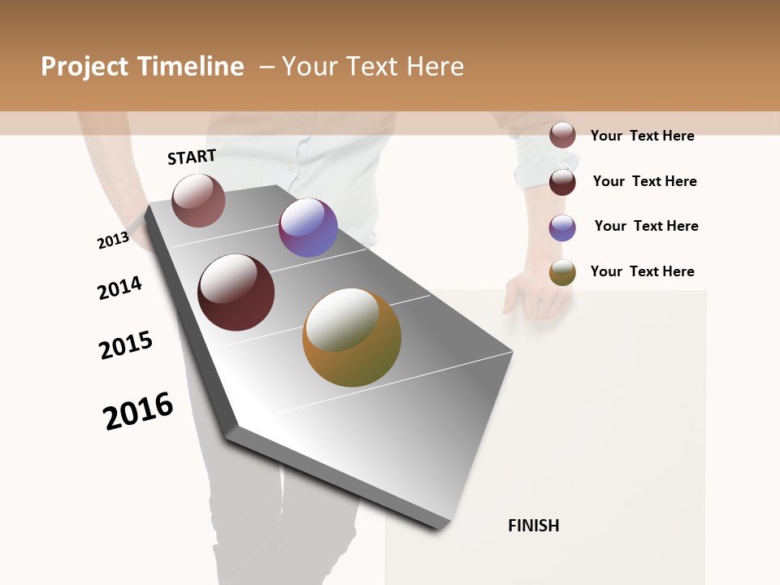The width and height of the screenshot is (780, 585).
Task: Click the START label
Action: [192, 157]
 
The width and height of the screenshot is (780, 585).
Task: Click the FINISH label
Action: [534, 526]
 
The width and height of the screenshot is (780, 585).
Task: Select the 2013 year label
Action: [113, 240]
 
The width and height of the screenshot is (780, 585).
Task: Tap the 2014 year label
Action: [119, 288]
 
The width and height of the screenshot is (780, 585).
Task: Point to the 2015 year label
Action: [126, 345]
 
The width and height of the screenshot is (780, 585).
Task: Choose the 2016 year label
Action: [138, 410]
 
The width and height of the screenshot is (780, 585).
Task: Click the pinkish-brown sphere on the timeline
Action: [198, 201]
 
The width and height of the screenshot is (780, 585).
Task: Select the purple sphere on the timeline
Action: [308, 227]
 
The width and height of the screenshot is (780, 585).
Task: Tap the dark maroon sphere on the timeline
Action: [236, 292]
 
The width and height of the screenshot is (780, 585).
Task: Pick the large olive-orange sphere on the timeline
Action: [352, 337]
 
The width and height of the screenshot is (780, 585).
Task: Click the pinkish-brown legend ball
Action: [562, 135]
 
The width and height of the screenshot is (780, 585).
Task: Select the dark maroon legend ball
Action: [562, 181]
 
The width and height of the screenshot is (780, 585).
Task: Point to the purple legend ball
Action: [562, 227]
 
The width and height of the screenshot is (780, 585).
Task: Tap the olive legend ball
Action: [562, 272]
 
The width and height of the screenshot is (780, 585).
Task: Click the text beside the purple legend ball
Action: [646, 226]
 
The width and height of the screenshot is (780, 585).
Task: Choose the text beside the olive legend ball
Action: [642, 271]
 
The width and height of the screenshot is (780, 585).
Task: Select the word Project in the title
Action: [84, 67]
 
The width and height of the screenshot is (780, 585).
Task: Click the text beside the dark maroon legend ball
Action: [644, 181]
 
